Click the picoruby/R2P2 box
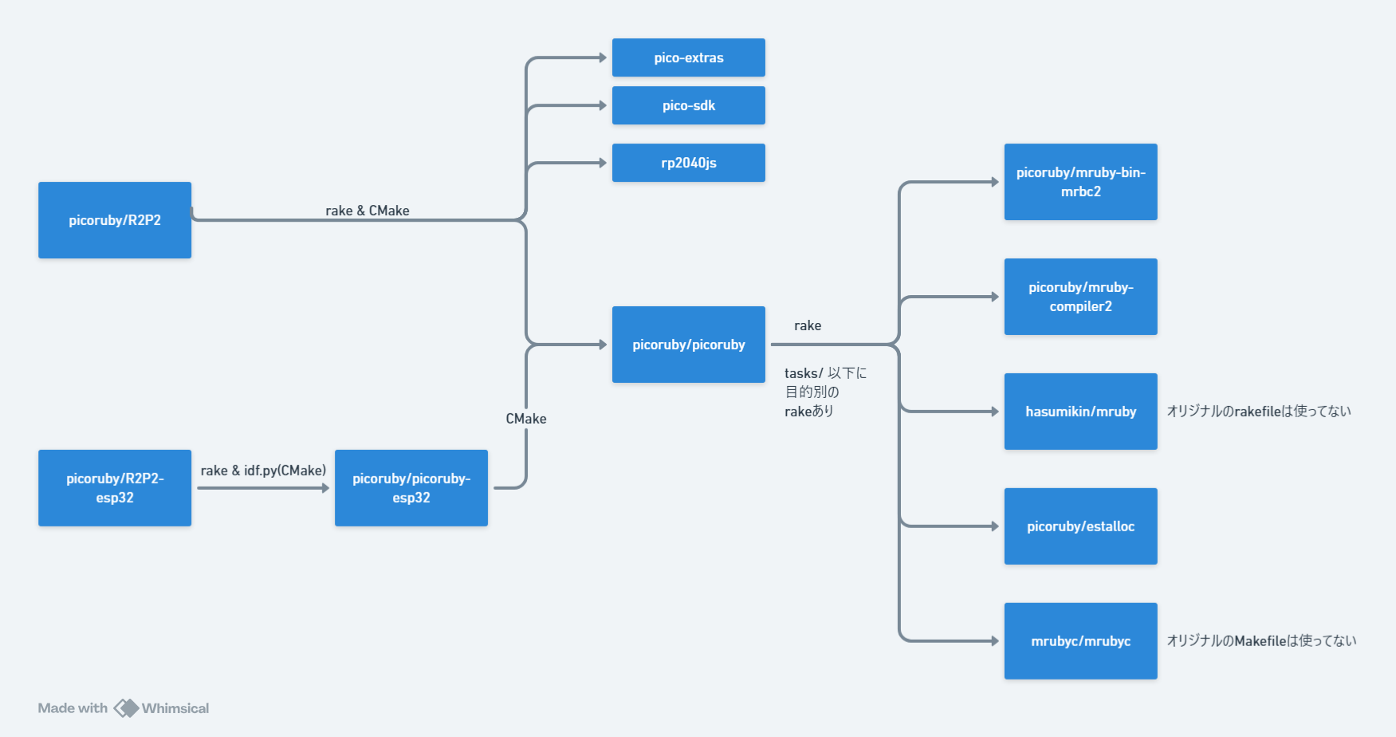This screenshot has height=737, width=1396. coord(115,220)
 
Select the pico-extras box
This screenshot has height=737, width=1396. coord(688,57)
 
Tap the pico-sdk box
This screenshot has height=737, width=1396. coord(688,105)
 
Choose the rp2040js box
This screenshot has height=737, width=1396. coord(688,163)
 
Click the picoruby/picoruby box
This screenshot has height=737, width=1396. coord(688,345)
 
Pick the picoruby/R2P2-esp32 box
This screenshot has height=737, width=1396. coord(115,488)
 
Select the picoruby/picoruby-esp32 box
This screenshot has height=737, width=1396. coord(411,488)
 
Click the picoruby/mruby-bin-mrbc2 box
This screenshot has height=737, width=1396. coord(1080,182)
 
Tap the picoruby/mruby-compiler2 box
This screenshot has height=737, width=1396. coord(1080,297)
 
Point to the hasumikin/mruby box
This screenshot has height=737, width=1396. coord(1080,412)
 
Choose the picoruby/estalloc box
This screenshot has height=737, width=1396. coord(1080,526)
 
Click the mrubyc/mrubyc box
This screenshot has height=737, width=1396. coord(1080,641)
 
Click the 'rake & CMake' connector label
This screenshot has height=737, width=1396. coord(367,211)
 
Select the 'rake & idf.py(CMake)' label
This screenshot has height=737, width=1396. coord(263,471)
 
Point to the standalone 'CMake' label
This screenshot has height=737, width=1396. coord(526,419)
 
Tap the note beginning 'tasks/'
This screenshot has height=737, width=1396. coord(824,392)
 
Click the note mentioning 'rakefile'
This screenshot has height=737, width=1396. coord(1258,412)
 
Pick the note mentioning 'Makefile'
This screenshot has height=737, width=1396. coord(1260,641)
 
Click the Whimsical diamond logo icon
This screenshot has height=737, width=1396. coord(126,708)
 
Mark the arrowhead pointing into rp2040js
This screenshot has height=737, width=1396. coord(603,163)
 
